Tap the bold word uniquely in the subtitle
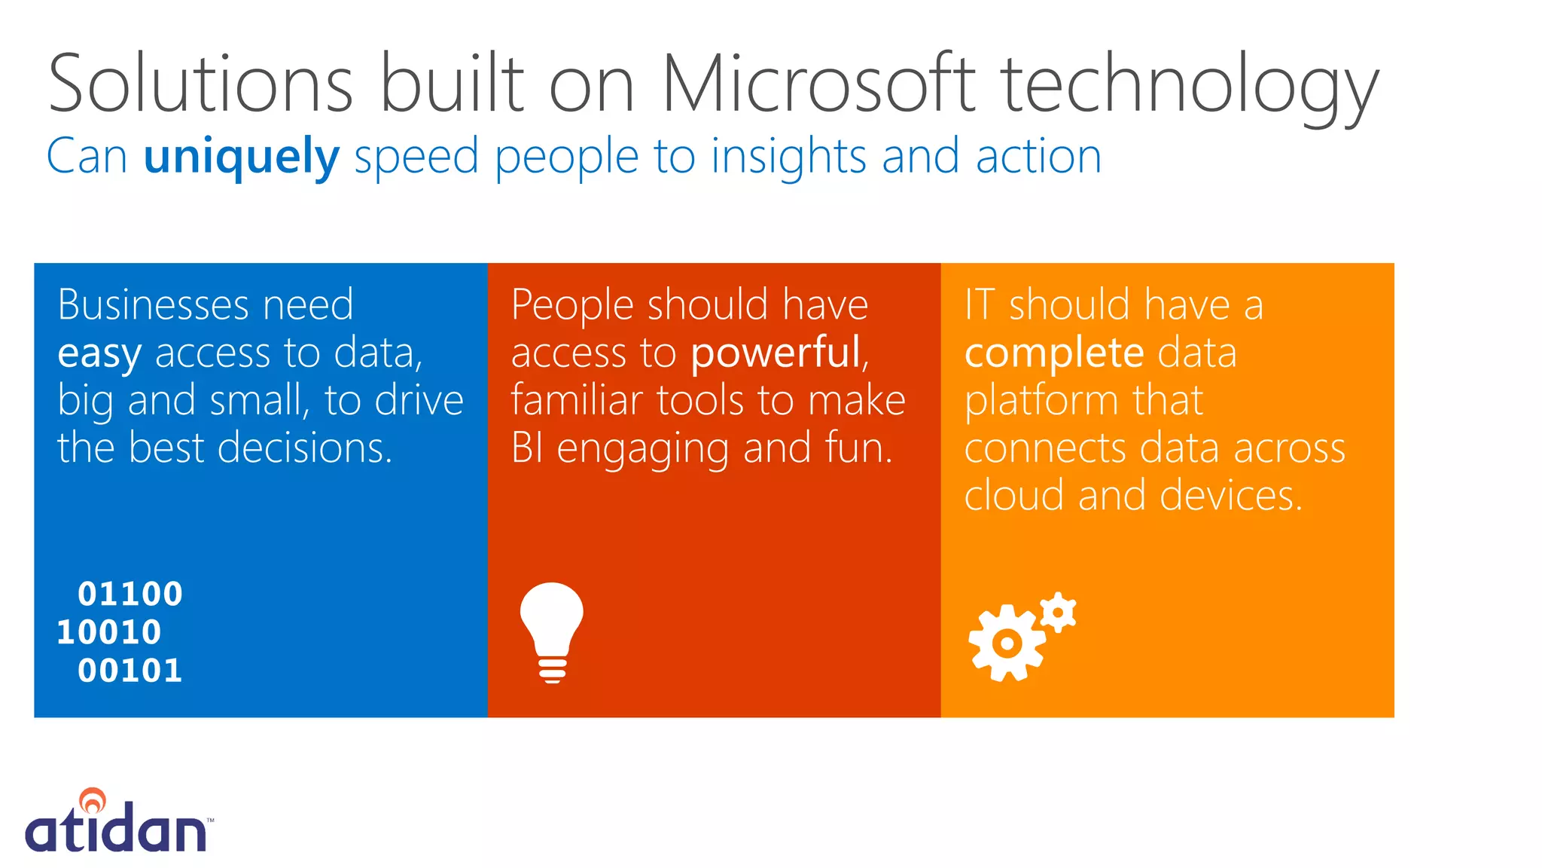[242, 157]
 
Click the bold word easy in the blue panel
[99, 354]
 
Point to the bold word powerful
[776, 353]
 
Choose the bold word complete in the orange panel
[1054, 353]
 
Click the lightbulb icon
[552, 631]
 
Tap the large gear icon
[1007, 643]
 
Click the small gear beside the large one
[1058, 613]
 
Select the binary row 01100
[130, 594]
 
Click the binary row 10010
[109, 632]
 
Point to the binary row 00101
[130, 671]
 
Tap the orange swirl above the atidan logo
[93, 799]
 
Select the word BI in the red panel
[526, 448]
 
